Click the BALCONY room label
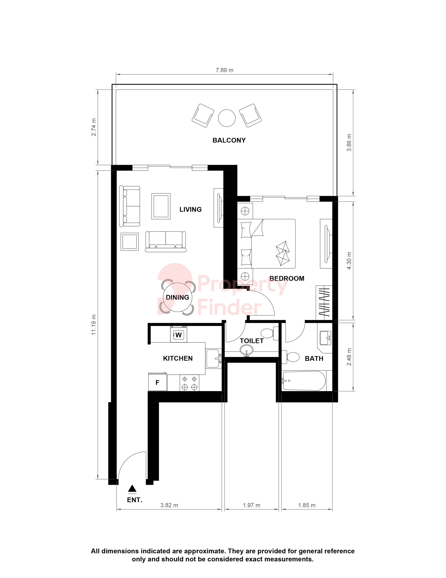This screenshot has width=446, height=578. pos(229,140)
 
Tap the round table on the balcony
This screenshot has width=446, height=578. pos(227,118)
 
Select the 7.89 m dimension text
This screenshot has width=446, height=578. pos(224,70)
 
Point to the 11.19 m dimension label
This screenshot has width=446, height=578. pos(94,325)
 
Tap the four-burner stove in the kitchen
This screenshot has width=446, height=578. pos(189,383)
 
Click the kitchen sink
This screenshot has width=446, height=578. pos(214,358)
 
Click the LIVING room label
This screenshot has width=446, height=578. pos(190,210)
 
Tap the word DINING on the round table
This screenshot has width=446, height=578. pos(177,298)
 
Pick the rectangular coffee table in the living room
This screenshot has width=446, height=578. pos(161,206)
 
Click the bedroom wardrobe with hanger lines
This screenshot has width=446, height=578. pos(324,303)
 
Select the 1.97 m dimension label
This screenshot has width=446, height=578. pos(252,505)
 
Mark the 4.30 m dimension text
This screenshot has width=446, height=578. pos(349,261)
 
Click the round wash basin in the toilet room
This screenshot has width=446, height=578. pos(246,350)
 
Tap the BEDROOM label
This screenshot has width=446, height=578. pos(287,278)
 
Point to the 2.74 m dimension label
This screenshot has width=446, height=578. pos(94,127)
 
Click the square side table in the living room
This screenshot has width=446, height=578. pos(130,241)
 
